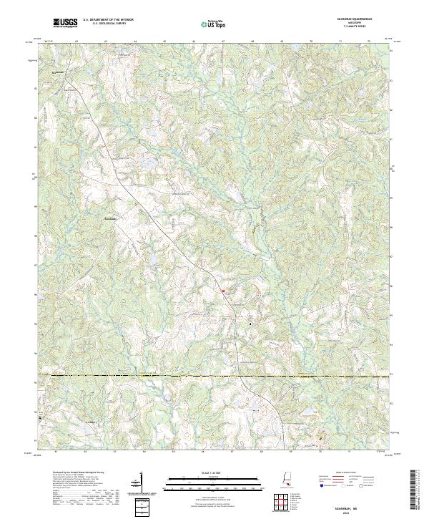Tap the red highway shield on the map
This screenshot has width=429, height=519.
222,291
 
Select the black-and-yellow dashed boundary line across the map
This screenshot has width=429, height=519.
214,375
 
